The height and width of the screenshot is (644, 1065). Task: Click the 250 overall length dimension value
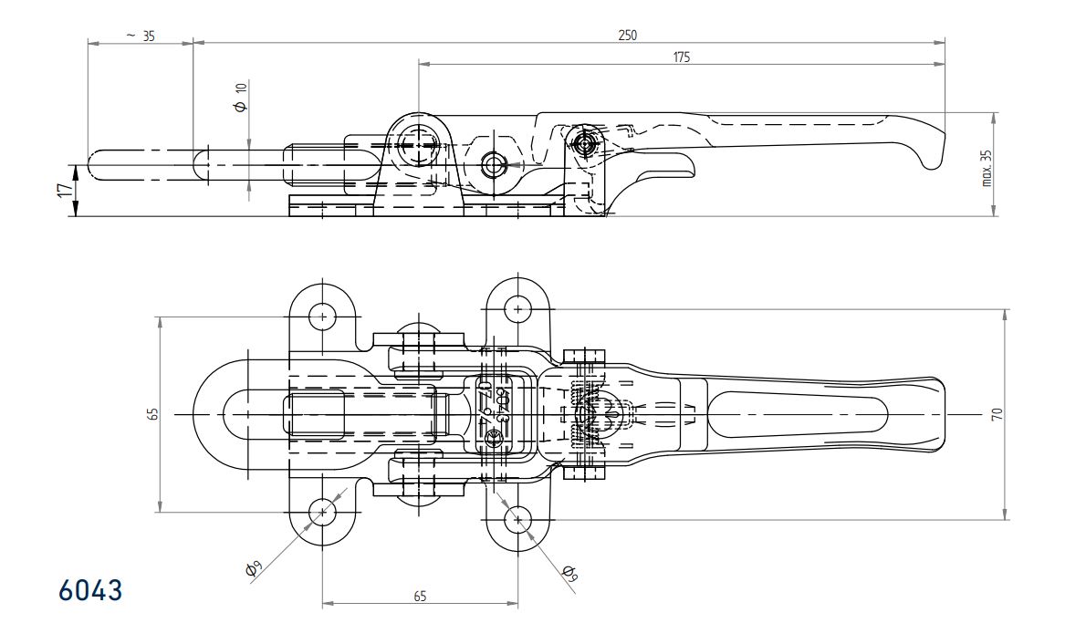tap(627, 35)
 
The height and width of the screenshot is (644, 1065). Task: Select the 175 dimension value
tap(682, 57)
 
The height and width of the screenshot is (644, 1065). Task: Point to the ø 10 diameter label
tap(241, 97)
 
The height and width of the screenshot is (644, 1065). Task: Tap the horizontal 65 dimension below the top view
tap(420, 596)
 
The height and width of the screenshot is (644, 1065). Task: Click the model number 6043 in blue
tap(90, 590)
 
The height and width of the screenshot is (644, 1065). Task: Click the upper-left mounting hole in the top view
tap(323, 317)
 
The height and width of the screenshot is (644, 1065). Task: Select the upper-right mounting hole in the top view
tap(518, 309)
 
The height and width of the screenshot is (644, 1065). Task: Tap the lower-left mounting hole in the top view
tap(323, 513)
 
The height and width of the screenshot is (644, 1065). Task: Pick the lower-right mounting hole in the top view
tap(518, 520)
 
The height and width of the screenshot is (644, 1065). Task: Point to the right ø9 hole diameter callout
tap(570, 572)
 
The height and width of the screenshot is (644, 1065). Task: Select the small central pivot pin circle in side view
tap(495, 165)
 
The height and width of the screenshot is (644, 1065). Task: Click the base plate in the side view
tap(425, 205)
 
